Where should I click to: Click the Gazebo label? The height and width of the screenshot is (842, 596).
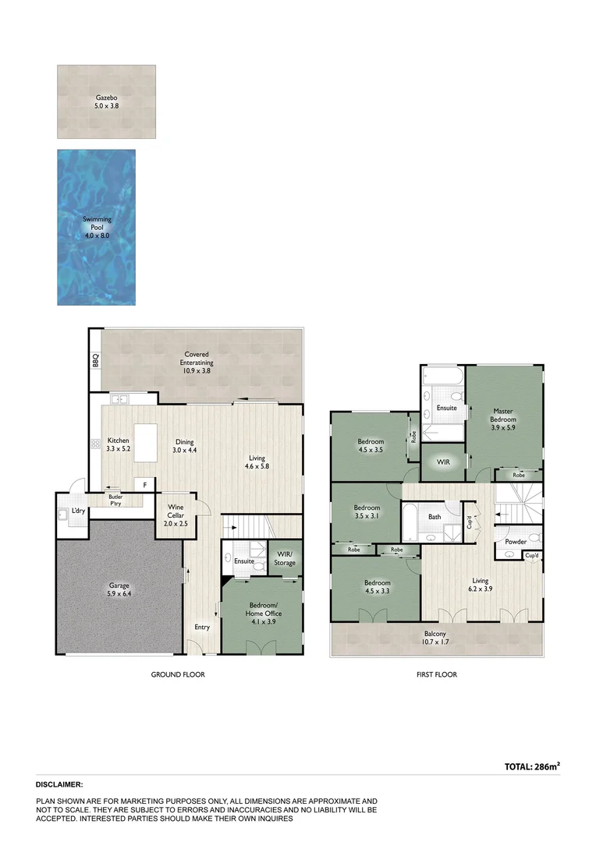pos(106,97)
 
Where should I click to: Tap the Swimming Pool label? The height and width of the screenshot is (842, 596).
pos(97,220)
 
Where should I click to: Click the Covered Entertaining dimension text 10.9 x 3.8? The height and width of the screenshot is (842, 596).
pos(197,371)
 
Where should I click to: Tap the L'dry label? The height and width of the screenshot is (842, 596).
pos(78,511)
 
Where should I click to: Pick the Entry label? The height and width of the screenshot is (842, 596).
pos(202,627)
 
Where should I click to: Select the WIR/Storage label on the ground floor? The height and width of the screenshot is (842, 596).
pos(285,558)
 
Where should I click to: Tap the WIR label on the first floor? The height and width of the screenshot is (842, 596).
pos(443,462)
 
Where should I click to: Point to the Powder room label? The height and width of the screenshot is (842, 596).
pos(516,541)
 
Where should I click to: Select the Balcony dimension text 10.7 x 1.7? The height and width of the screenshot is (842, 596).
pos(435,644)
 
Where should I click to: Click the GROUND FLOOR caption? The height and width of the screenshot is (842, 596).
pos(178,674)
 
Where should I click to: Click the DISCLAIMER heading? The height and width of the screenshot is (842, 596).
pos(59,784)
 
